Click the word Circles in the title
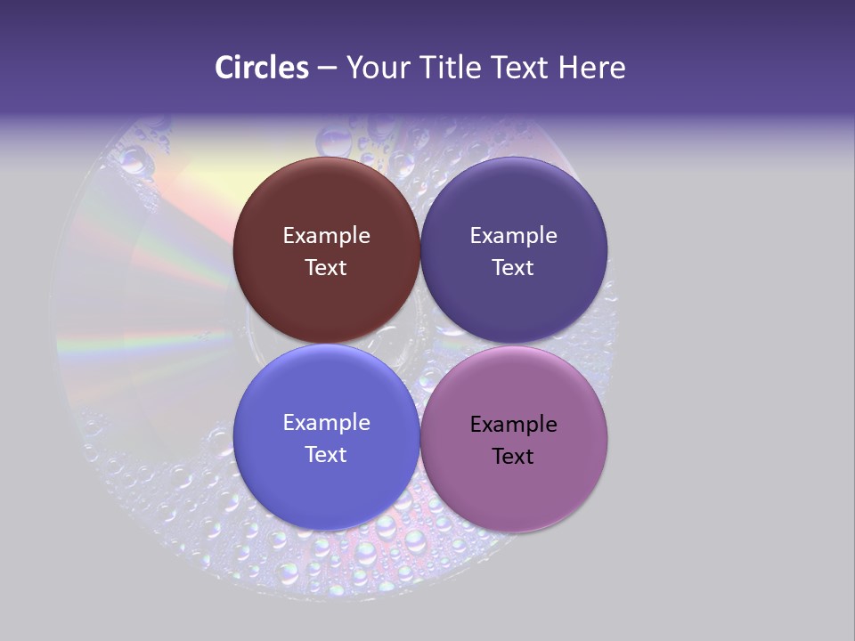pos(262,68)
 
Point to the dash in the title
pos(327,69)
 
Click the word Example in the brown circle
pos(326,236)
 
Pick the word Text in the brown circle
pos(326,267)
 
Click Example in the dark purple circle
pos(513,236)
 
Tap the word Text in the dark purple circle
pos(513,267)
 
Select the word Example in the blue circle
pos(326,423)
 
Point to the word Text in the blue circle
pos(326,454)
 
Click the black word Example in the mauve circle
pos(513,425)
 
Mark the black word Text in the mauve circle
pos(513,456)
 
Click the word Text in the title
pos(521,68)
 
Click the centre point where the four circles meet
pos(419,345)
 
